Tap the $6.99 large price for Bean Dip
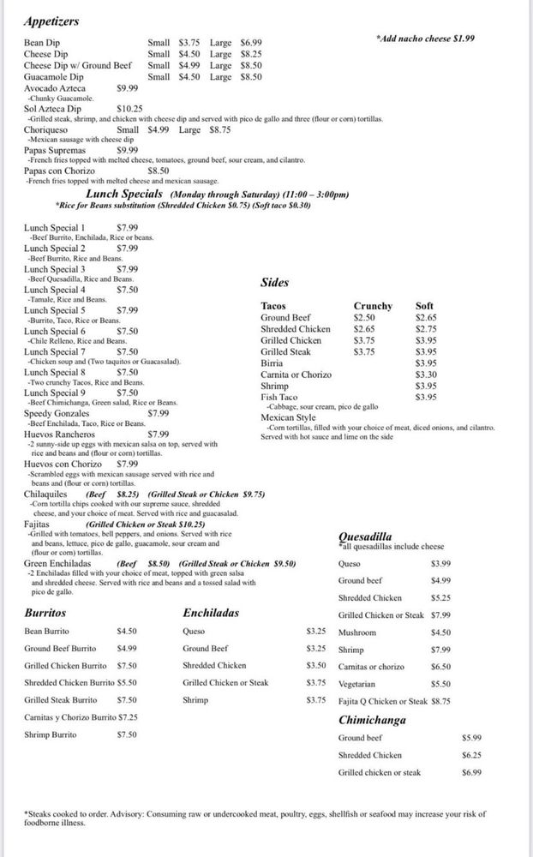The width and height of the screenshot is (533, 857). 251,42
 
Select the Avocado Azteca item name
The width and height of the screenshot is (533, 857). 55,87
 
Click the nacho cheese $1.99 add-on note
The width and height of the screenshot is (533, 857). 425,39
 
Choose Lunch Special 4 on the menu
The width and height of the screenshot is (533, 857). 54,290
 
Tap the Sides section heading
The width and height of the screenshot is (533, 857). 274,282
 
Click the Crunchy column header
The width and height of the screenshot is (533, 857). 373,306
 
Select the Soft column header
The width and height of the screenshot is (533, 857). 424,306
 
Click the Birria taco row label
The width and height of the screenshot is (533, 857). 272,363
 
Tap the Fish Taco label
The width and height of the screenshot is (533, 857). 279,397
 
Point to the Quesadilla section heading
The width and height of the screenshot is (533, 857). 372,537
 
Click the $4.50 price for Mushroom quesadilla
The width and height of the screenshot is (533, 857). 441,632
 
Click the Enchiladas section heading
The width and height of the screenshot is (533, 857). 211,613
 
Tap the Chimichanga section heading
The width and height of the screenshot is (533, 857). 372,720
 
